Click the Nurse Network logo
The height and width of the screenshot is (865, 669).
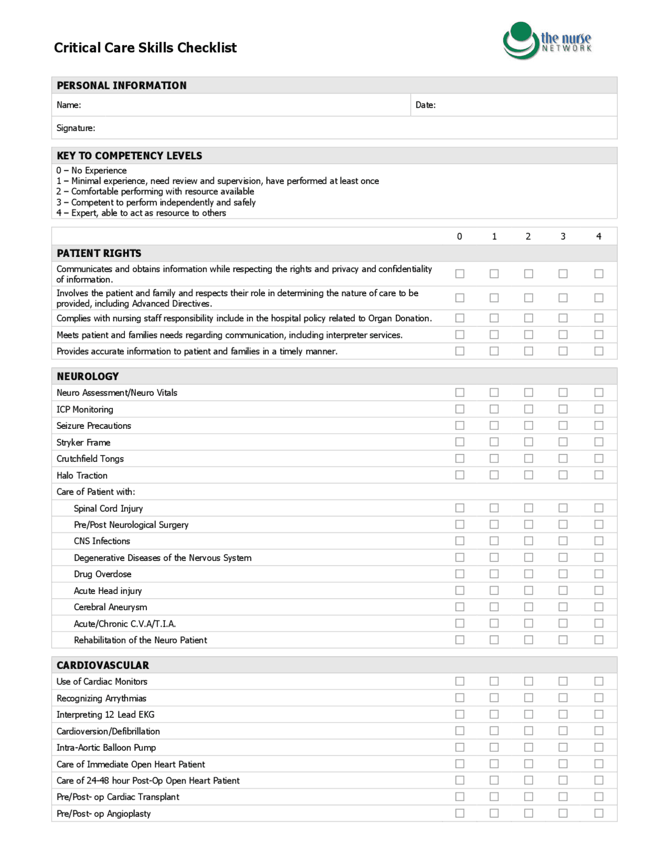(547, 41)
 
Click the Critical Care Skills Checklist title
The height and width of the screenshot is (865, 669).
(145, 48)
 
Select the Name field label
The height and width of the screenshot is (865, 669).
(68, 105)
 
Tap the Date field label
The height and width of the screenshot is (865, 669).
(425, 105)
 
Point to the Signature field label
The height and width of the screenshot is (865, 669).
(76, 128)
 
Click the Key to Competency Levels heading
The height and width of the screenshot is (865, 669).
(129, 156)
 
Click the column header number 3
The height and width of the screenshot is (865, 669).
(563, 237)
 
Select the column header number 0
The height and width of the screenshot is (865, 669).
(459, 237)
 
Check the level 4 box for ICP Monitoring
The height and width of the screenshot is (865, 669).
(598, 409)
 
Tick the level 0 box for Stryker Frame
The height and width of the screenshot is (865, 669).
(459, 442)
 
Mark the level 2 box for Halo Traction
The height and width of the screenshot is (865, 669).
(528, 475)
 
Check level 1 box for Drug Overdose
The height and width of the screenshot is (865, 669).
(494, 574)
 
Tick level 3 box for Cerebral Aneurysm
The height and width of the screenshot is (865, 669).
(563, 607)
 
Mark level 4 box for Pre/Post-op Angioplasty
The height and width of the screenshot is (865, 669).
(598, 813)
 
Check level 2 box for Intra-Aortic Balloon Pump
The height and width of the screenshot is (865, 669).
(528, 747)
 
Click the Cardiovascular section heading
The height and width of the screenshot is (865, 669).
(102, 665)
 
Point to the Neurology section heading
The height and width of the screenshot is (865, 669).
(87, 376)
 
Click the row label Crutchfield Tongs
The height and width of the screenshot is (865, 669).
(90, 459)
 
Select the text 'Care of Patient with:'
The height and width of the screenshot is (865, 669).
(96, 492)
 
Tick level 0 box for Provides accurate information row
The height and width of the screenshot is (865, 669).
(459, 351)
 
